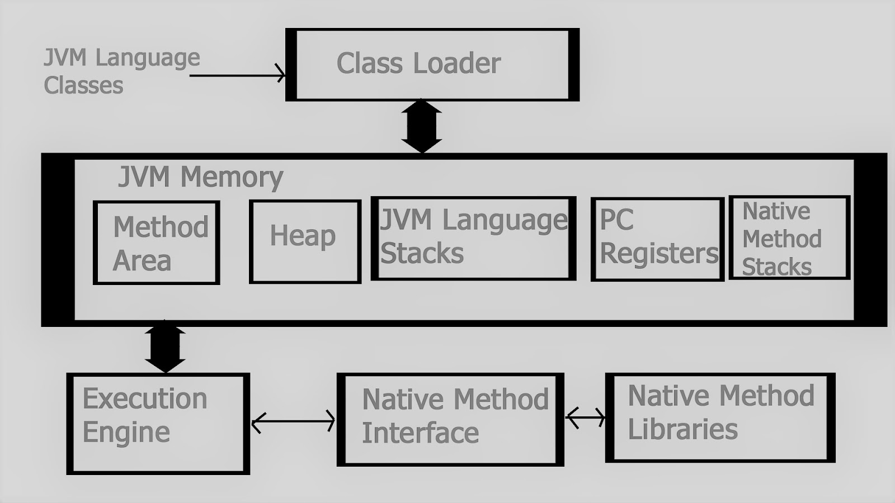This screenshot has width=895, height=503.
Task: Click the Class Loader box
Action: pos(432,64)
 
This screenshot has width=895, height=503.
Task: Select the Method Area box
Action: pos(157,243)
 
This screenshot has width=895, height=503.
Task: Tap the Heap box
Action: pos(305,241)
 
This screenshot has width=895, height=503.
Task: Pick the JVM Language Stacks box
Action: pos(473,238)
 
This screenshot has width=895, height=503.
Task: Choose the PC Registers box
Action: pos(657,239)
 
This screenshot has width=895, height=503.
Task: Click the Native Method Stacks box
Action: pos(789,238)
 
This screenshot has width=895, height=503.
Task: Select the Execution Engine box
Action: pos(158,423)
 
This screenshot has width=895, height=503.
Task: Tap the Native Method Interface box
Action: pos(450,419)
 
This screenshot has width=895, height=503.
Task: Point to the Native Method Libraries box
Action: pos(720,417)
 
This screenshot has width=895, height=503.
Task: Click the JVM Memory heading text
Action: pos(200,177)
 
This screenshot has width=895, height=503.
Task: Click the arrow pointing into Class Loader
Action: pos(238,74)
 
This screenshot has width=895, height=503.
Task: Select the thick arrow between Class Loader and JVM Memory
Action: pos(422,126)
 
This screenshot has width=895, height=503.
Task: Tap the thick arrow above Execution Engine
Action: pos(165,347)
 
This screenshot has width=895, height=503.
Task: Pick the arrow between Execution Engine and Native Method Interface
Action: pos(293,421)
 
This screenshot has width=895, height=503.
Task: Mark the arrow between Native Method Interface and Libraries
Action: pos(585,417)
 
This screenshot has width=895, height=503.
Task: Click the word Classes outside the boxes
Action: pos(83,86)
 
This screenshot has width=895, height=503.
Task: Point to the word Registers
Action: pos(658,253)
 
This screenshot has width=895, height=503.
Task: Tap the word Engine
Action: pos(126,433)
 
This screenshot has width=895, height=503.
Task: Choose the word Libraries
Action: pos(682,429)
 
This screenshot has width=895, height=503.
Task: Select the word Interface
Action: pos(420,433)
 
